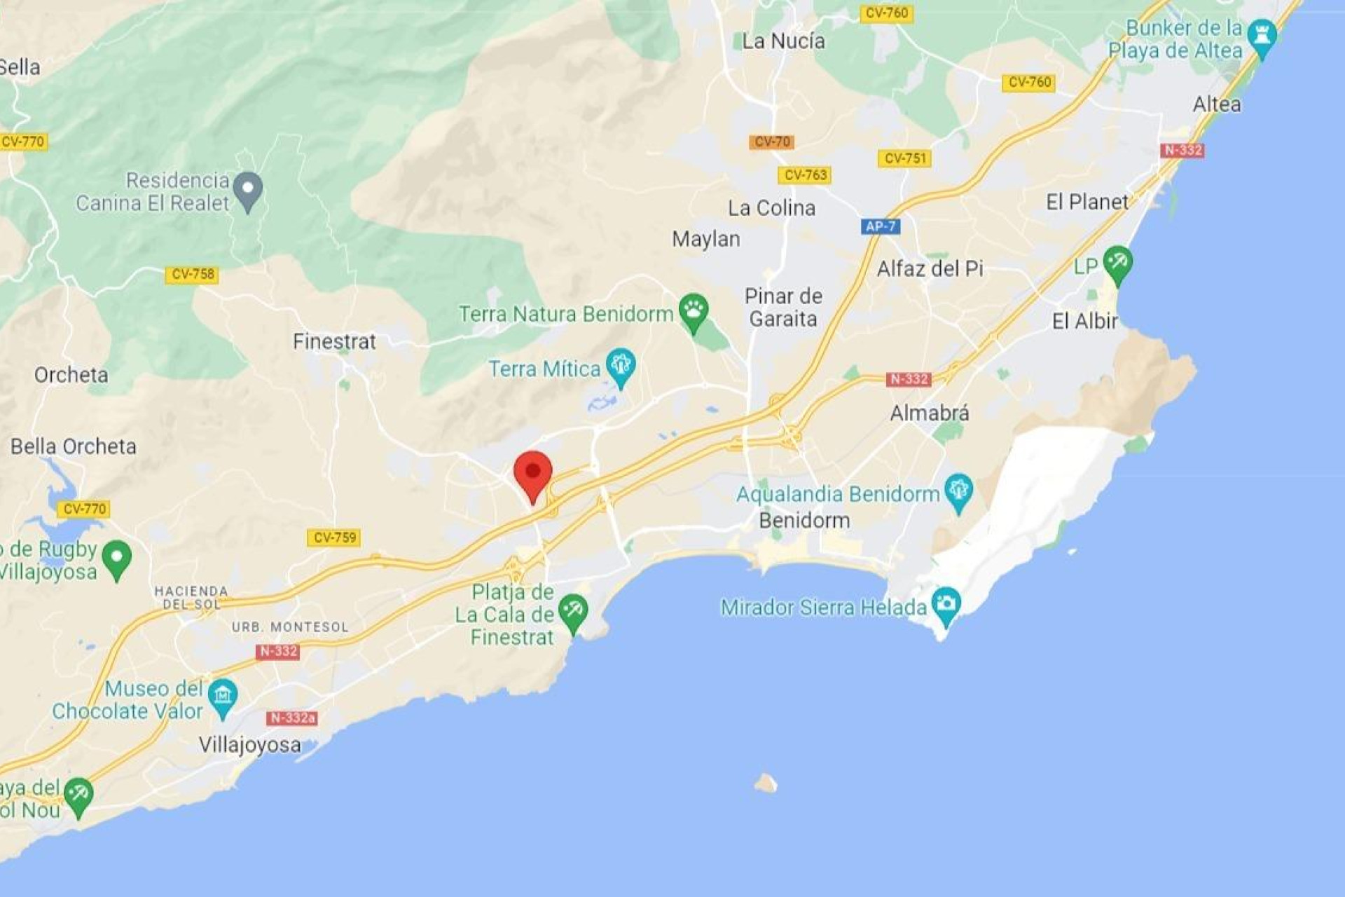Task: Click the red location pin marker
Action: click(533, 473)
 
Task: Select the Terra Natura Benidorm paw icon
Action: click(693, 310)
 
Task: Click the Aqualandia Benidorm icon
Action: click(958, 491)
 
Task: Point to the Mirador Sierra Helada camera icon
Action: click(946, 605)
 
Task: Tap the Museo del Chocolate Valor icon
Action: click(223, 697)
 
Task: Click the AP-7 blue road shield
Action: click(880, 226)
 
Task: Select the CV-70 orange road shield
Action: click(771, 142)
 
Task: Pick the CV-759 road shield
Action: click(334, 537)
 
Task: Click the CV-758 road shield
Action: click(192, 274)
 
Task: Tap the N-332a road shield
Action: click(292, 718)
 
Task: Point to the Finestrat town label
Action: click(334, 341)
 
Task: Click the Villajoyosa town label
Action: click(249, 744)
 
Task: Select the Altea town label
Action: click(1217, 104)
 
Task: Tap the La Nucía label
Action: click(783, 41)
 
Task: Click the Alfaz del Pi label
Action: click(930, 268)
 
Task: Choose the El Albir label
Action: click(1084, 321)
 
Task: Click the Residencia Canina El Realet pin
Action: click(247, 190)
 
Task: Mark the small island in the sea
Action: click(766, 782)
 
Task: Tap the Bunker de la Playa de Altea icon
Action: click(1262, 36)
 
